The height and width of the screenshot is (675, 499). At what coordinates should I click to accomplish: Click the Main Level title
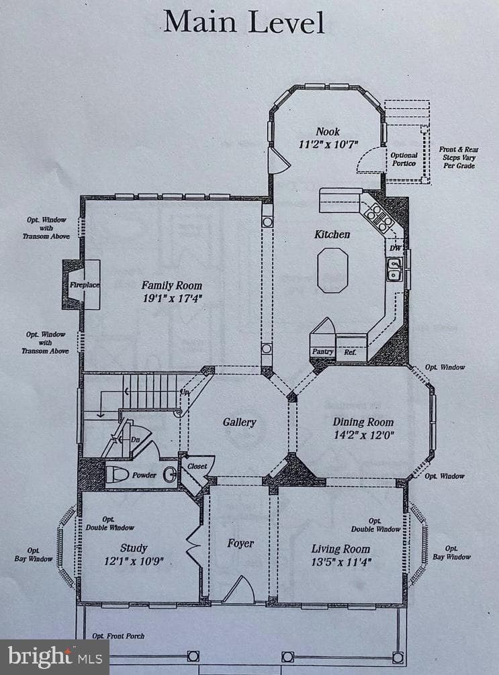click(244, 22)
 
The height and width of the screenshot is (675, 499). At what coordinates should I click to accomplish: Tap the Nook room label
click(328, 131)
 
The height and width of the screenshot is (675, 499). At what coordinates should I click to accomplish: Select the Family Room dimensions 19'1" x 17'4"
click(172, 298)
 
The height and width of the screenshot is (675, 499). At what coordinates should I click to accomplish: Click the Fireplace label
click(85, 285)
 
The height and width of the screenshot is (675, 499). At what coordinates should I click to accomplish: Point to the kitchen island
click(332, 271)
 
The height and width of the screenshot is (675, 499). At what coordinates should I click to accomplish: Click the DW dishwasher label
click(396, 249)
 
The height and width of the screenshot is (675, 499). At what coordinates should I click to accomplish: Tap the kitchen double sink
click(394, 269)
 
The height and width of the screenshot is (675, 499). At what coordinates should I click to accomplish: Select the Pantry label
click(322, 351)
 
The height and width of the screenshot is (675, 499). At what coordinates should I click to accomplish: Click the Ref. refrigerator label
click(350, 352)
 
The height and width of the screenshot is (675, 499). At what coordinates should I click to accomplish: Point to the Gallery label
click(239, 422)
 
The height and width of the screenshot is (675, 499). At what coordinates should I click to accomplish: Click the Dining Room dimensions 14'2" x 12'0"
click(364, 435)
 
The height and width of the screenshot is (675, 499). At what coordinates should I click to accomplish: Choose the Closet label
click(197, 466)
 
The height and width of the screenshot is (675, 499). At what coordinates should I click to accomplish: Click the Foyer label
click(240, 544)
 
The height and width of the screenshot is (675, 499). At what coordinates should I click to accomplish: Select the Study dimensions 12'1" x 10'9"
click(134, 561)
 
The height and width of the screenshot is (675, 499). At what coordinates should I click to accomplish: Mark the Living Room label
click(341, 549)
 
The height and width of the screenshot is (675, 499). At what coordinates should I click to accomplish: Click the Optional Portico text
click(404, 159)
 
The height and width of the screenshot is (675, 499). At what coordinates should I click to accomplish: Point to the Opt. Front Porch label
click(118, 636)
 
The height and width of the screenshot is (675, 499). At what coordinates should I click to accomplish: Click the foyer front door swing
click(239, 588)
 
